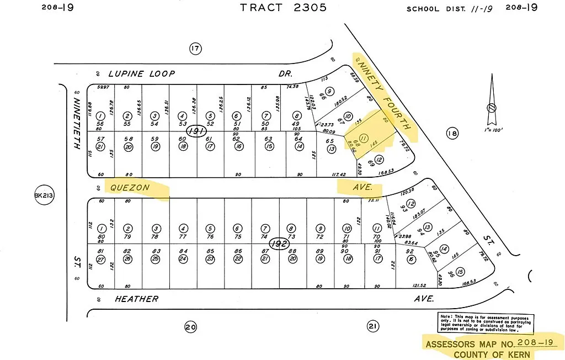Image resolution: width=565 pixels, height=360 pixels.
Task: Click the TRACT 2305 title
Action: coord(284,8)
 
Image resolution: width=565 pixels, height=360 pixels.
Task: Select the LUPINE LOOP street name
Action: coord(141,73)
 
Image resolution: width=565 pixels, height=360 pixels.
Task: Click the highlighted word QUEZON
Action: coord(130,188)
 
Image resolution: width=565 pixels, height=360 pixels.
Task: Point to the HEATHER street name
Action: coord(136,299)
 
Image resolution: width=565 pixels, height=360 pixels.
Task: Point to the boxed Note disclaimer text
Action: coord(480,322)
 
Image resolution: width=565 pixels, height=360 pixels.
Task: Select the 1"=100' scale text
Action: coord(491,130)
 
